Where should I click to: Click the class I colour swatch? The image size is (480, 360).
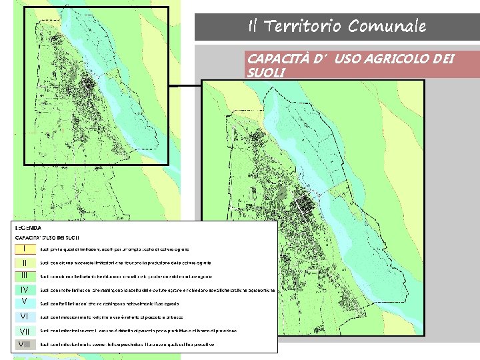point(25,249)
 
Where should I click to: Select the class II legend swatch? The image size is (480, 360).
point(25,263)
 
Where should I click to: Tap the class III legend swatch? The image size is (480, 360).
point(25,275)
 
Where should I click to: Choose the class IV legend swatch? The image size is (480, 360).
point(25,290)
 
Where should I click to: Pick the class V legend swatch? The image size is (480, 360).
point(25,302)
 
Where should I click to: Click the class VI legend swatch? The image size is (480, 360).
point(25,317)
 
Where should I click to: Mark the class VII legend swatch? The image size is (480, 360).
point(25,331)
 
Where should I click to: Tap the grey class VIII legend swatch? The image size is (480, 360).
point(25,344)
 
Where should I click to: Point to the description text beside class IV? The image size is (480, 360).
point(157,291)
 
